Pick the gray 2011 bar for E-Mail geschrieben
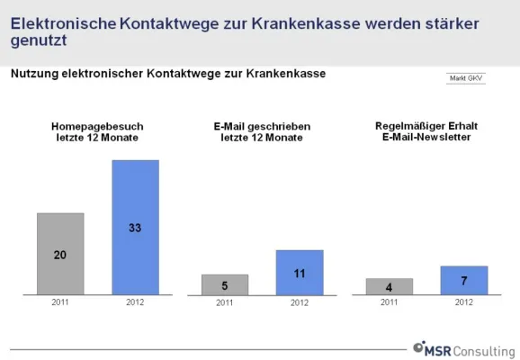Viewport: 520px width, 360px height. click(x=224, y=285)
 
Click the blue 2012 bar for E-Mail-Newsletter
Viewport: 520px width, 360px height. click(x=463, y=281)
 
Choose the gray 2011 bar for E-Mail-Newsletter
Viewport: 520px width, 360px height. click(x=389, y=287)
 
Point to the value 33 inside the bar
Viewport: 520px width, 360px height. click(x=135, y=229)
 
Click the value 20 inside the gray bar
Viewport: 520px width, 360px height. click(x=60, y=255)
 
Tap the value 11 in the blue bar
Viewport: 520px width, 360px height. click(x=300, y=271)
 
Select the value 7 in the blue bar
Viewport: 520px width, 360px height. click(x=463, y=281)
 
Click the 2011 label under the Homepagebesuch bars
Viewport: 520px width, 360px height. click(x=60, y=302)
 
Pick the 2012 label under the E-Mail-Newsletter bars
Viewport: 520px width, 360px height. click(x=463, y=302)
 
